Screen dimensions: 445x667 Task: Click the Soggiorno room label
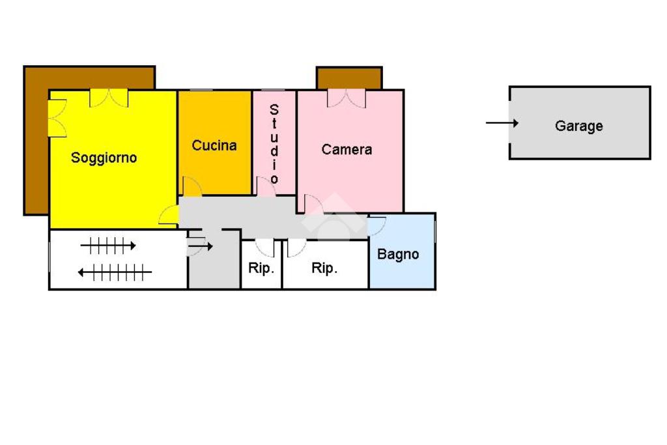coord(104,158)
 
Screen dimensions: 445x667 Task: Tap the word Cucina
coord(214,145)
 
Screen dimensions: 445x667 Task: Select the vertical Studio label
coord(274,143)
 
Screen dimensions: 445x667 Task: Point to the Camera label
coord(347,150)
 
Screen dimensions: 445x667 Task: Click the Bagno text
coord(398,254)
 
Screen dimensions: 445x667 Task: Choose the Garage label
coord(579,126)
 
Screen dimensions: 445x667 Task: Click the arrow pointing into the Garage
coord(502,122)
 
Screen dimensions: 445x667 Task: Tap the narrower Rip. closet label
coord(261,268)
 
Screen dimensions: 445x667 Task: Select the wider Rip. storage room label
coord(324,268)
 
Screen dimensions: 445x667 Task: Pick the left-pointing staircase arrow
coord(115,272)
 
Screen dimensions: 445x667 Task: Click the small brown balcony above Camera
coord(348,78)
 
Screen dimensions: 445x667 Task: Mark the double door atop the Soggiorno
coord(109,98)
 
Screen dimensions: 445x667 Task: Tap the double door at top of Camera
coord(347,98)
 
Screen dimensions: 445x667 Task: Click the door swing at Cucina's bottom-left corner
coord(192,187)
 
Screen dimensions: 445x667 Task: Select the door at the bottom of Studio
coord(265,186)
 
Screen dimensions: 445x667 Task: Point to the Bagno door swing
coord(376,225)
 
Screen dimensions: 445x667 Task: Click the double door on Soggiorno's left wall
coord(57,118)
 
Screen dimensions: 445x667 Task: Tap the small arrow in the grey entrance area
coord(205,246)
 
